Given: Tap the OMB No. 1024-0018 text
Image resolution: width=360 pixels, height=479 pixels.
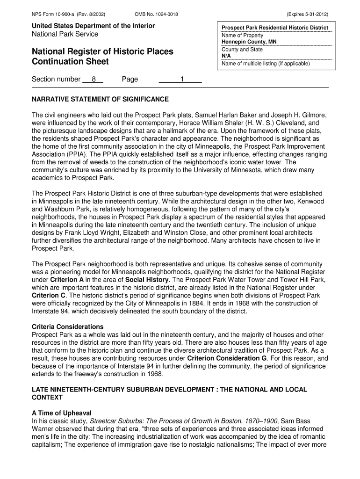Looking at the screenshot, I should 156,15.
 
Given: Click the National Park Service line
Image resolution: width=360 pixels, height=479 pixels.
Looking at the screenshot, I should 65,34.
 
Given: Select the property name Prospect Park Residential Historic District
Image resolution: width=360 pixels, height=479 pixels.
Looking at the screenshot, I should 275,28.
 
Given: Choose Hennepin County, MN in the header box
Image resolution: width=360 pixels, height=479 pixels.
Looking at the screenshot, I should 249,42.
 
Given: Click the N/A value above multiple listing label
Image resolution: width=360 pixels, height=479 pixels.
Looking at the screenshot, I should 226,56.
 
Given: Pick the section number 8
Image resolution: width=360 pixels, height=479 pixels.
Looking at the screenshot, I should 94,79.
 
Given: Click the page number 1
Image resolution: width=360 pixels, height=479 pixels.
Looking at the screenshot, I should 183,79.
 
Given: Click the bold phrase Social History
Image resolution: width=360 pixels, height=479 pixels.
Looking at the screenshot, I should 147,279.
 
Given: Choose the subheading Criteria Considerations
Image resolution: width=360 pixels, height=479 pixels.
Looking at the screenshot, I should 67,327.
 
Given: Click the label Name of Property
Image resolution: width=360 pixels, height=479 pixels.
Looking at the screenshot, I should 242,35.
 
